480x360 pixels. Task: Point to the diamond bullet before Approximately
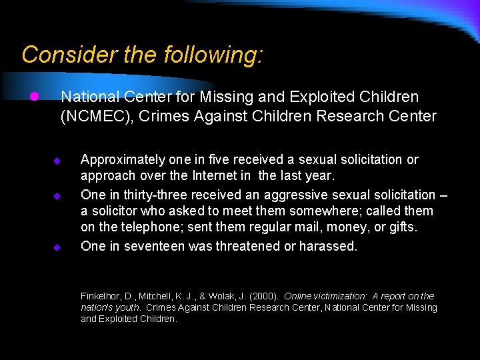(57, 161)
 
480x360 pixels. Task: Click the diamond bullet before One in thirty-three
(57, 196)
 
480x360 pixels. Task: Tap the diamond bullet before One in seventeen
(57, 247)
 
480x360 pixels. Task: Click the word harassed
(329, 246)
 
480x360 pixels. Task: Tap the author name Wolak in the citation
(228, 296)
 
